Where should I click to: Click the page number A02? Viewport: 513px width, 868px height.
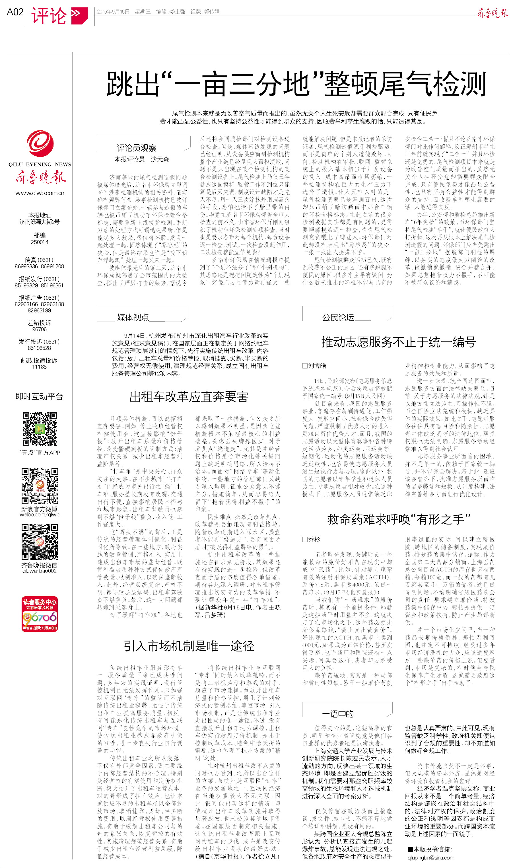tap(15, 12)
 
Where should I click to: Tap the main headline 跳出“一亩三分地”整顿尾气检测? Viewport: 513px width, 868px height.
tap(296, 84)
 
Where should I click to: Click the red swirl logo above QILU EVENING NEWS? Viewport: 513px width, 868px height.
tap(40, 144)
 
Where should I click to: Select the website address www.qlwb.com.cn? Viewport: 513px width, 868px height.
tap(40, 193)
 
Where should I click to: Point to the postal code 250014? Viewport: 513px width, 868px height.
tap(40, 242)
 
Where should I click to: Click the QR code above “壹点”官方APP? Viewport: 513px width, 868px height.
tap(40, 429)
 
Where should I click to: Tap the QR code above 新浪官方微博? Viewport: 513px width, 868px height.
tap(40, 486)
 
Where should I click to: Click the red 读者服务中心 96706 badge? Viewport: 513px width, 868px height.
tap(40, 614)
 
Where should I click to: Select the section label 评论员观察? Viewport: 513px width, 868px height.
tap(137, 148)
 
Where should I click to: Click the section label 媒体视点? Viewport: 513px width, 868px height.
tap(133, 317)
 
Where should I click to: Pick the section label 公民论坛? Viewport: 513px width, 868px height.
tap(338, 317)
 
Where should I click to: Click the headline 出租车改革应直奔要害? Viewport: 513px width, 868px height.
tap(189, 397)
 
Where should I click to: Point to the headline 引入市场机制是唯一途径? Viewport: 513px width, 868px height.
tap(189, 646)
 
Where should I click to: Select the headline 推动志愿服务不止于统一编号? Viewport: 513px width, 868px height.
tap(398, 342)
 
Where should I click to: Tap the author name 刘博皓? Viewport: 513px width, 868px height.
tap(317, 366)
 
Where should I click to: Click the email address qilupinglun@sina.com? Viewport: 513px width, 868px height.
tap(430, 858)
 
